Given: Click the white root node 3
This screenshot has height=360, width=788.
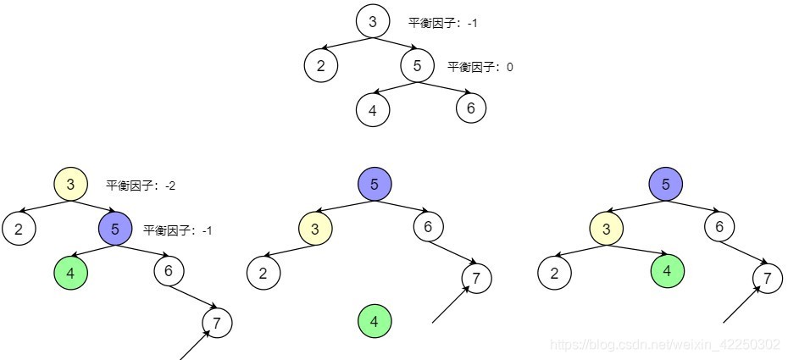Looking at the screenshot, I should click(373, 21).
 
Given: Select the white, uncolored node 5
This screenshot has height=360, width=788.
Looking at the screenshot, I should click(417, 66).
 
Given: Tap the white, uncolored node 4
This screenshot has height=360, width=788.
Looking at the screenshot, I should click(372, 109).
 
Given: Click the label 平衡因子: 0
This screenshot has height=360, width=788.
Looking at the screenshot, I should click(480, 67).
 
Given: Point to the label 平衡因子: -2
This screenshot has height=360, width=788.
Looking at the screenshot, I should click(141, 186).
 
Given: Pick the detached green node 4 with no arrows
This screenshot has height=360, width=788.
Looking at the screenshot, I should click(374, 321).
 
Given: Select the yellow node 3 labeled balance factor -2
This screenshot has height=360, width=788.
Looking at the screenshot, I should click(70, 184).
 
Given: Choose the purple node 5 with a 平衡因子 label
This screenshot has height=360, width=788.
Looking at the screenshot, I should click(114, 227).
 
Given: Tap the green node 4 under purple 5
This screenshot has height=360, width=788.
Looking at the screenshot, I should click(69, 273).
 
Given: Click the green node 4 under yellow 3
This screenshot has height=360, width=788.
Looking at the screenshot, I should click(667, 272).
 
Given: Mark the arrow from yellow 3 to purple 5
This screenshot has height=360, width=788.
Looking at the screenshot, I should click(93, 206).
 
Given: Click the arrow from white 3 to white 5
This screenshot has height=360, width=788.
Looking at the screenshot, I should click(396, 43).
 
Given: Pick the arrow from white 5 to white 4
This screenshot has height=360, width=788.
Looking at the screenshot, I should click(394, 87).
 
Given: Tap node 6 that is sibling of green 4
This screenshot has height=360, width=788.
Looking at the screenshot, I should click(168, 270).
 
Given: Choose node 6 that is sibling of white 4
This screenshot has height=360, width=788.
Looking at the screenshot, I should click(471, 108).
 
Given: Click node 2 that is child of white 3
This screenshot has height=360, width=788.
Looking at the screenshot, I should click(321, 66).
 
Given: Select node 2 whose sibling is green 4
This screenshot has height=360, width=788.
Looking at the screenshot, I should click(554, 273).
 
